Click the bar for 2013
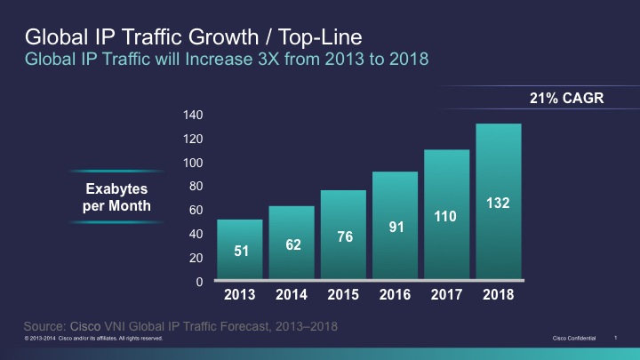pyautogui.click(x=240, y=250)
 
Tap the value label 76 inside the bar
pyautogui.click(x=343, y=236)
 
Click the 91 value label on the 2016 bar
pyautogui.click(x=396, y=227)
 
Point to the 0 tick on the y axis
pyautogui.click(x=200, y=282)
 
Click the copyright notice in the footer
pyautogui.click(x=93, y=339)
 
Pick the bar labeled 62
pyautogui.click(x=292, y=244)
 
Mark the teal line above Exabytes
pyautogui.click(x=116, y=171)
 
